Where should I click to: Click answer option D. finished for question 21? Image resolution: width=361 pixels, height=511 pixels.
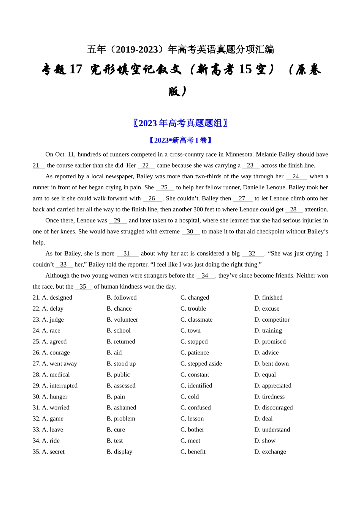point(268,298)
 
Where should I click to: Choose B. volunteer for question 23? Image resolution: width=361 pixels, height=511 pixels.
point(122,320)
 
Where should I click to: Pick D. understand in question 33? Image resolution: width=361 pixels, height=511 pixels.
point(272,430)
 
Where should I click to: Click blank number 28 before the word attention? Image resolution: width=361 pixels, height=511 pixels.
point(293,210)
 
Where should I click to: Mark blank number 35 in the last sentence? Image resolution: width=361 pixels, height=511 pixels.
point(83,287)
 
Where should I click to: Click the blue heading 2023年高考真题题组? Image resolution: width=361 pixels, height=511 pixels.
point(180,123)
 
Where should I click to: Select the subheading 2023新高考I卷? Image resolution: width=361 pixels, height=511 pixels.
point(180,141)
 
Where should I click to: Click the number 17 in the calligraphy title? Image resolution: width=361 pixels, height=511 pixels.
point(76,70)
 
